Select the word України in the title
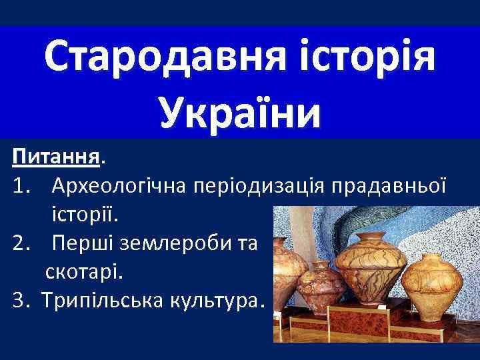240,109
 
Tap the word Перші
84,245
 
